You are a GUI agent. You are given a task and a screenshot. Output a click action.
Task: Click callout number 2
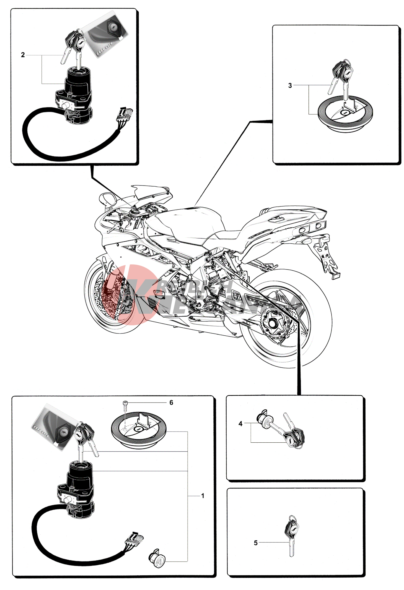click(23, 55)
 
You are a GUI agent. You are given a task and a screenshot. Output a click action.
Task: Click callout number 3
click(290, 85)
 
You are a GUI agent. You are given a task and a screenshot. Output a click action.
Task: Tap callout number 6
click(171, 403)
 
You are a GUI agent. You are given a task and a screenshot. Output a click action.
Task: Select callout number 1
click(203, 496)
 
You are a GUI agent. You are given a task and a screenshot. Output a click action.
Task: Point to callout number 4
click(240, 424)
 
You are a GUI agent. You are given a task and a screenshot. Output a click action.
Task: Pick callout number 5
click(255, 543)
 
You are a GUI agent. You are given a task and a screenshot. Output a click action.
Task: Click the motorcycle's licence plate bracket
click(329, 261)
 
